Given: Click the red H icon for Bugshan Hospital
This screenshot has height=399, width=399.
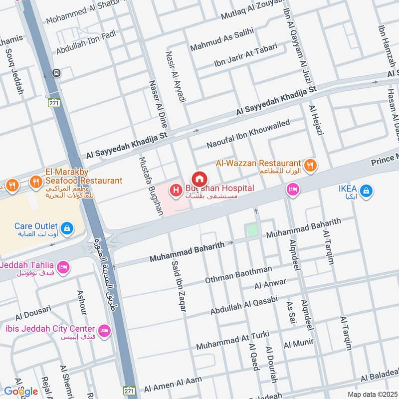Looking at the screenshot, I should click(175, 190).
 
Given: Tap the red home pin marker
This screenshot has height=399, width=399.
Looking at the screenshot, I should click(199, 179).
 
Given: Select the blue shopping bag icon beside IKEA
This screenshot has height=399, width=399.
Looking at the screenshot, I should click(366, 190).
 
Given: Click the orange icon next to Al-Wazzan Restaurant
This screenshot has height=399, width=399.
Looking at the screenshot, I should click(309, 164).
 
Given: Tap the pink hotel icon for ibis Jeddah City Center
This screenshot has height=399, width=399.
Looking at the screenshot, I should click(104, 330).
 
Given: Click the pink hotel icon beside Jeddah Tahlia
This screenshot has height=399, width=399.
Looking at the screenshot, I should click(63, 267).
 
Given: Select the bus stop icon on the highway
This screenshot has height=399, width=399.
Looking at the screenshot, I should click(56, 73).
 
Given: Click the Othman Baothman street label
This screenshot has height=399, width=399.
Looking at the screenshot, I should click(238, 275).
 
